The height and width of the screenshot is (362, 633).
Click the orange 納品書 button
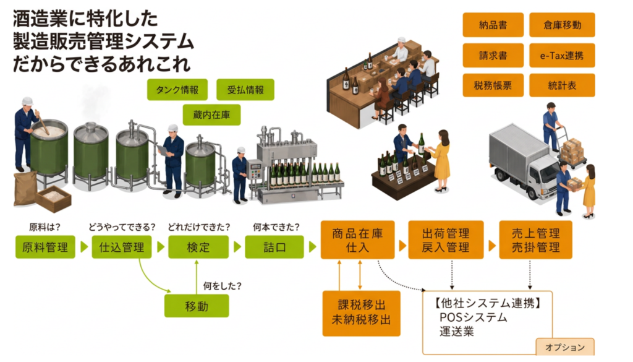(x=493, y=25)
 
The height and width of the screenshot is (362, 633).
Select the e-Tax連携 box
(x=562, y=55)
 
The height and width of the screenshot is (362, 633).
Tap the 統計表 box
(x=562, y=85)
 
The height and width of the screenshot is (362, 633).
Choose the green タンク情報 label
(x=177, y=90)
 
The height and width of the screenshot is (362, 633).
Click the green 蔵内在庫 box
(x=211, y=114)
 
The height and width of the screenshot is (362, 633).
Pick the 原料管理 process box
(x=45, y=247)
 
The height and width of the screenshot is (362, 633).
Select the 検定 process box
(x=198, y=247)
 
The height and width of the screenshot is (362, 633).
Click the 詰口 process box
(x=274, y=247)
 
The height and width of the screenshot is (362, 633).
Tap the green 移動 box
(x=197, y=306)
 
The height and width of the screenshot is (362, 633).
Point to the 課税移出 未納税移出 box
(x=361, y=313)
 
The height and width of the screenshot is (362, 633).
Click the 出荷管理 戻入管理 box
(x=446, y=239)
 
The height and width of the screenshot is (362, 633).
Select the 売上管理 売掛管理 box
(x=536, y=239)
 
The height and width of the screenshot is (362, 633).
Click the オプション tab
(x=565, y=347)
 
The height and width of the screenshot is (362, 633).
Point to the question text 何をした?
(x=222, y=286)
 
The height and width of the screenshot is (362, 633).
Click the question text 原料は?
(x=45, y=227)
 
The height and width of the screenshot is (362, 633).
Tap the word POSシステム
(x=473, y=317)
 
